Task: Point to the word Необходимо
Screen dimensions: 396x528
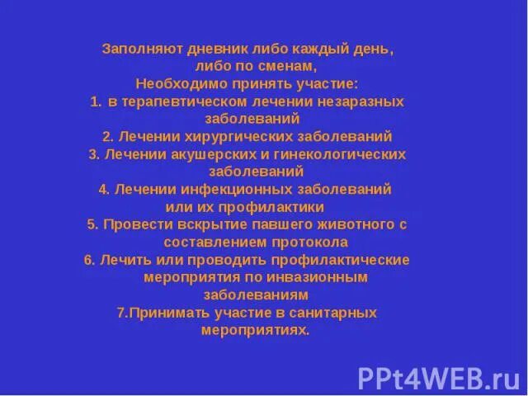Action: pos(172,84)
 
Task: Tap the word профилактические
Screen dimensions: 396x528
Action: pos(347,260)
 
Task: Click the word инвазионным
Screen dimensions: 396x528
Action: pos(325,277)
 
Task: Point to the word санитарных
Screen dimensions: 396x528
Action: pos(339,313)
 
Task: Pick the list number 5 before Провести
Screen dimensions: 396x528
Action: pos(91,224)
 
